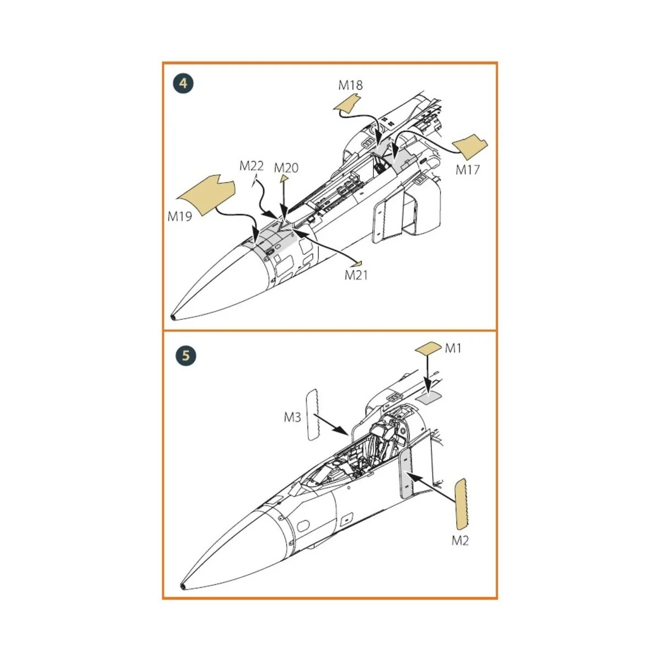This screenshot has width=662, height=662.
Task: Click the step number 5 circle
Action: tap(185, 355)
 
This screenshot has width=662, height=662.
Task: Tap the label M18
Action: tap(350, 85)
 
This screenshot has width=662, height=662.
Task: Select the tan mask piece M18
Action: tap(346, 104)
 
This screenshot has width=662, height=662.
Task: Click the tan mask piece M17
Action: tap(470, 144)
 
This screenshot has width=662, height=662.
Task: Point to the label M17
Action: tap(467, 170)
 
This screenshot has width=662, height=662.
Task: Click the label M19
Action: tap(180, 216)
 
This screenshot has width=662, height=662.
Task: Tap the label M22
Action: tap(252, 166)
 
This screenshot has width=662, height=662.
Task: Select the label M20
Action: tap(286, 168)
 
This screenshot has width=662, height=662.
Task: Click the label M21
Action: tap(356, 275)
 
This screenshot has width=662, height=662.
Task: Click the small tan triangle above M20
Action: tap(283, 178)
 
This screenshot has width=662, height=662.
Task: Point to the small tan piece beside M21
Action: tap(359, 262)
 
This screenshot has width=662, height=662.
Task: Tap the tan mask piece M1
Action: tap(428, 348)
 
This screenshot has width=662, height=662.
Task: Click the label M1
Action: tap(453, 348)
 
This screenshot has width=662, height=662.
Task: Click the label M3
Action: tap(292, 417)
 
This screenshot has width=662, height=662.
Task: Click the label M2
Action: tap(460, 540)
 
